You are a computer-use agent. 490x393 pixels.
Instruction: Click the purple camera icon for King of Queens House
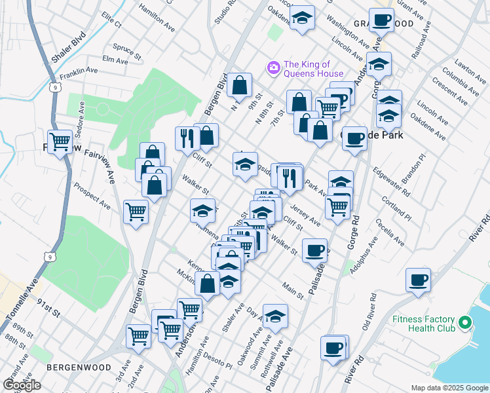(273, 67)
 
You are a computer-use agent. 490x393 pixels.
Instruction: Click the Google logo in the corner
(22, 385)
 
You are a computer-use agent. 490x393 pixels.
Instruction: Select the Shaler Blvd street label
(69, 47)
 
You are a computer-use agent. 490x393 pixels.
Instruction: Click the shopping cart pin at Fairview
(60, 140)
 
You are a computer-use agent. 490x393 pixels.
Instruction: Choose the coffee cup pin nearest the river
(417, 280)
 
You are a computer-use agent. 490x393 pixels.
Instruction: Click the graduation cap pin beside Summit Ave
(275, 316)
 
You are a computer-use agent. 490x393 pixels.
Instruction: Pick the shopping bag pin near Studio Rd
(240, 84)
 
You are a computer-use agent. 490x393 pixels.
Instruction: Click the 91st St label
(48, 309)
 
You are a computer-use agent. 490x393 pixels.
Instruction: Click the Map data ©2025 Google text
(449, 388)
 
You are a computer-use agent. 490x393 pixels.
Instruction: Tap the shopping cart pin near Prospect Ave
(136, 212)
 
